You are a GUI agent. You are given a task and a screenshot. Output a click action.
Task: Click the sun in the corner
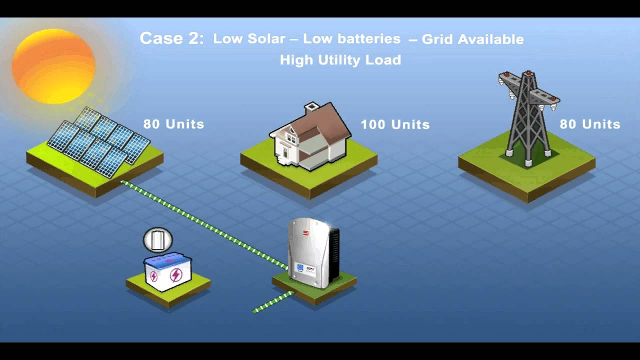pyautogui.click(x=53, y=66)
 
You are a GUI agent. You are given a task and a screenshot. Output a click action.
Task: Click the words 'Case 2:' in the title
pyautogui.click(x=171, y=38)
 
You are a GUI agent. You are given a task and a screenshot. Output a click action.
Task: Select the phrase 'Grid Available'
pyautogui.click(x=472, y=39)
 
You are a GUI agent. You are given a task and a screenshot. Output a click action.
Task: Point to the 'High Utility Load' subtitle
pyautogui.click(x=340, y=60)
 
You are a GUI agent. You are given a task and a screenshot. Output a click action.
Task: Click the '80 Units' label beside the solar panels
pyautogui.click(x=173, y=124)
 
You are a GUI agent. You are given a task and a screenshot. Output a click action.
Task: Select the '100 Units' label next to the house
pyautogui.click(x=395, y=124)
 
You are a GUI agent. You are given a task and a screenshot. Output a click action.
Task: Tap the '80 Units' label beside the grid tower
pyautogui.click(x=590, y=124)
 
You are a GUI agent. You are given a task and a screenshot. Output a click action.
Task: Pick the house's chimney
pyautogui.click(x=312, y=107)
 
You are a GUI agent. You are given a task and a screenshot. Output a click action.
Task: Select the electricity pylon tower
pyautogui.click(x=528, y=117)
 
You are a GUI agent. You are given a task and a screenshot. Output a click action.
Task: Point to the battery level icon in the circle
pyautogui.click(x=157, y=240)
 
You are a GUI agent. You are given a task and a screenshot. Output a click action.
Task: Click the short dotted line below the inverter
pyautogui.click(x=273, y=302)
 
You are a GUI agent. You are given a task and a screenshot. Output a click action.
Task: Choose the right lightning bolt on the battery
pyautogui.click(x=176, y=275)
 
